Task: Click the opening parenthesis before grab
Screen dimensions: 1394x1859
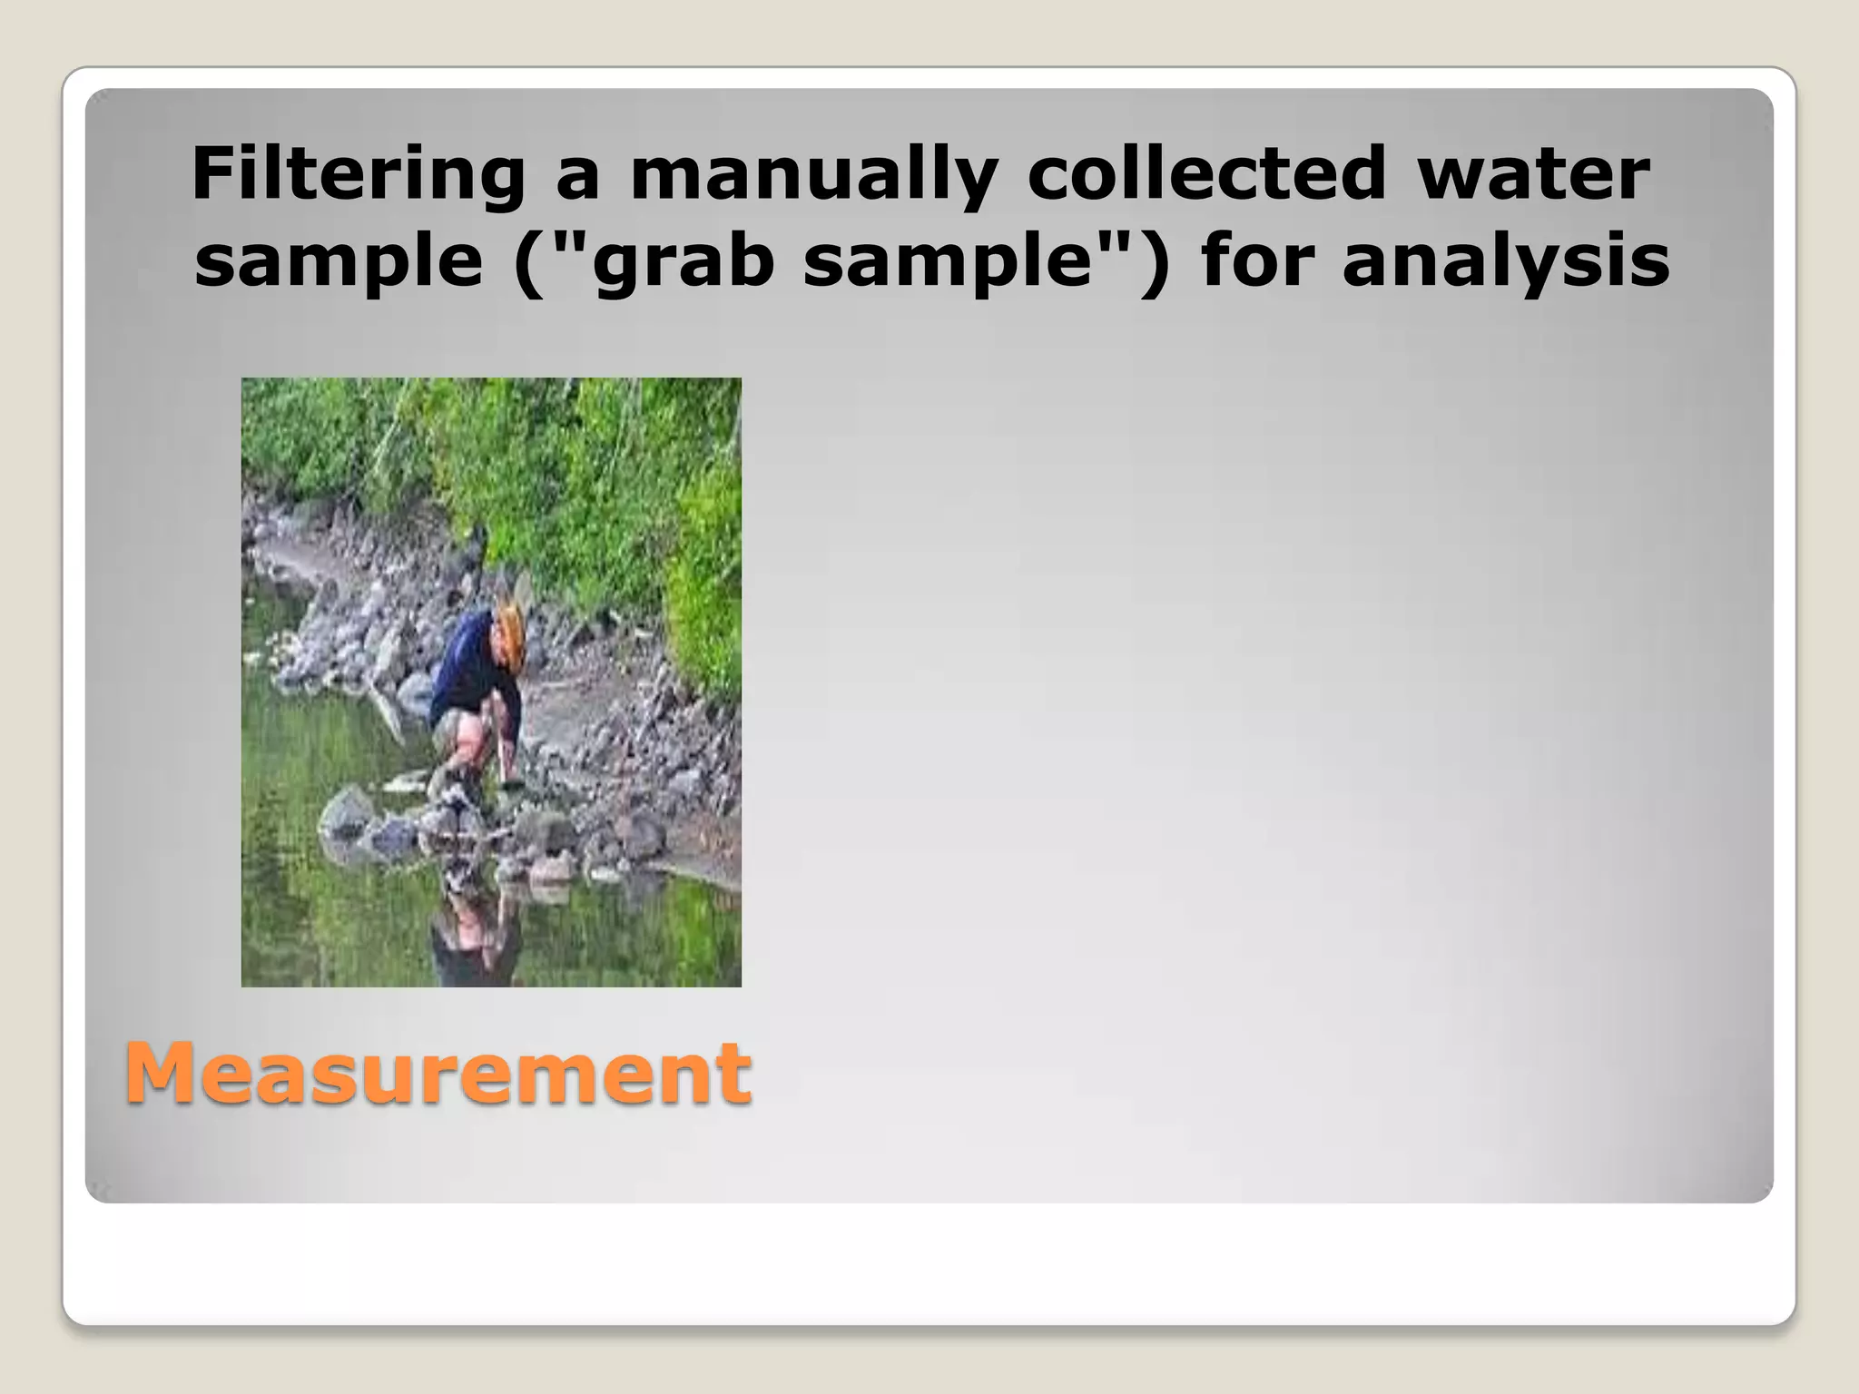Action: click(527, 264)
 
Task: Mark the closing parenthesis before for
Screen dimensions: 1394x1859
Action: click(1156, 264)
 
